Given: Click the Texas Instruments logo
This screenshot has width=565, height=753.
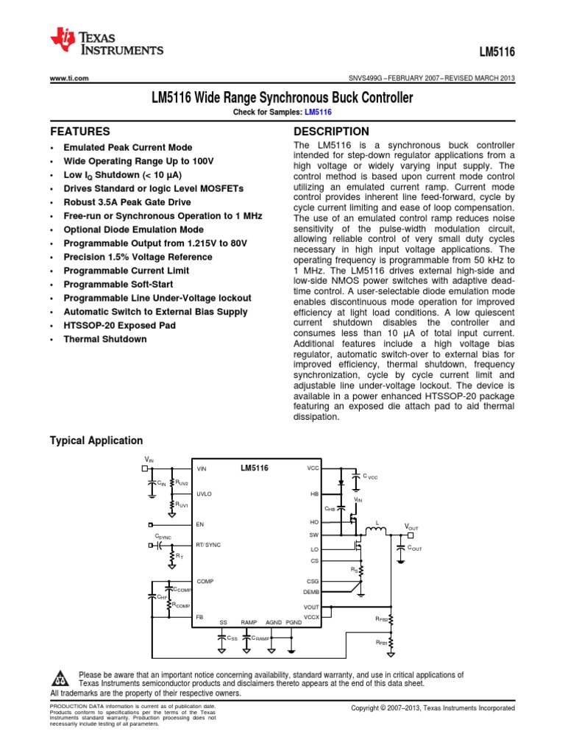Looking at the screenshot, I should pyautogui.click(x=107, y=43).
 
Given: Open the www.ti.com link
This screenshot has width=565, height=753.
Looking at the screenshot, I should pyautogui.click(x=69, y=79).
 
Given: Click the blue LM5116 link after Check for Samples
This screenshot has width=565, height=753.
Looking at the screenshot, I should pyautogui.click(x=318, y=112).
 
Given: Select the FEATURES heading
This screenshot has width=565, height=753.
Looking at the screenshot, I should pyautogui.click(x=79, y=132).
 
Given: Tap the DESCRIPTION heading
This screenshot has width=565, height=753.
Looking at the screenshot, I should pyautogui.click(x=331, y=132).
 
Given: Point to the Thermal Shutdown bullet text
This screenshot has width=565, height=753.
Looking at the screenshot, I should pyautogui.click(x=104, y=339).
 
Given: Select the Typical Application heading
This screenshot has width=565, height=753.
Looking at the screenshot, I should pyautogui.click(x=96, y=440).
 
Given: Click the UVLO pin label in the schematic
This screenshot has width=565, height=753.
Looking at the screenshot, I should pyautogui.click(x=204, y=494).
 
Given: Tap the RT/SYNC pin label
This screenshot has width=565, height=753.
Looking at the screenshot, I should pyautogui.click(x=208, y=544).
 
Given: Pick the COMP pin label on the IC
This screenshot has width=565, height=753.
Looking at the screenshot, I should pyautogui.click(x=205, y=581).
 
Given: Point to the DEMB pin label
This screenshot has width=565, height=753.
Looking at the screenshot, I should pyautogui.click(x=311, y=592).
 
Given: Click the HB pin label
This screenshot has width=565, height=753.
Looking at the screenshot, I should pyautogui.click(x=315, y=494).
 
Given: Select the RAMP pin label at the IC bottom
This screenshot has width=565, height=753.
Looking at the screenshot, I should pyautogui.click(x=248, y=622).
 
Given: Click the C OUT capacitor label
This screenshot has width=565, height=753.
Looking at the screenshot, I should pyautogui.click(x=414, y=549).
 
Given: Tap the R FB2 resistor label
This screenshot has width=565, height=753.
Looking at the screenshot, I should pyautogui.click(x=382, y=619).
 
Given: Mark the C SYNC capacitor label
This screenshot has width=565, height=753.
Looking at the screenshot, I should pyautogui.click(x=163, y=538).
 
